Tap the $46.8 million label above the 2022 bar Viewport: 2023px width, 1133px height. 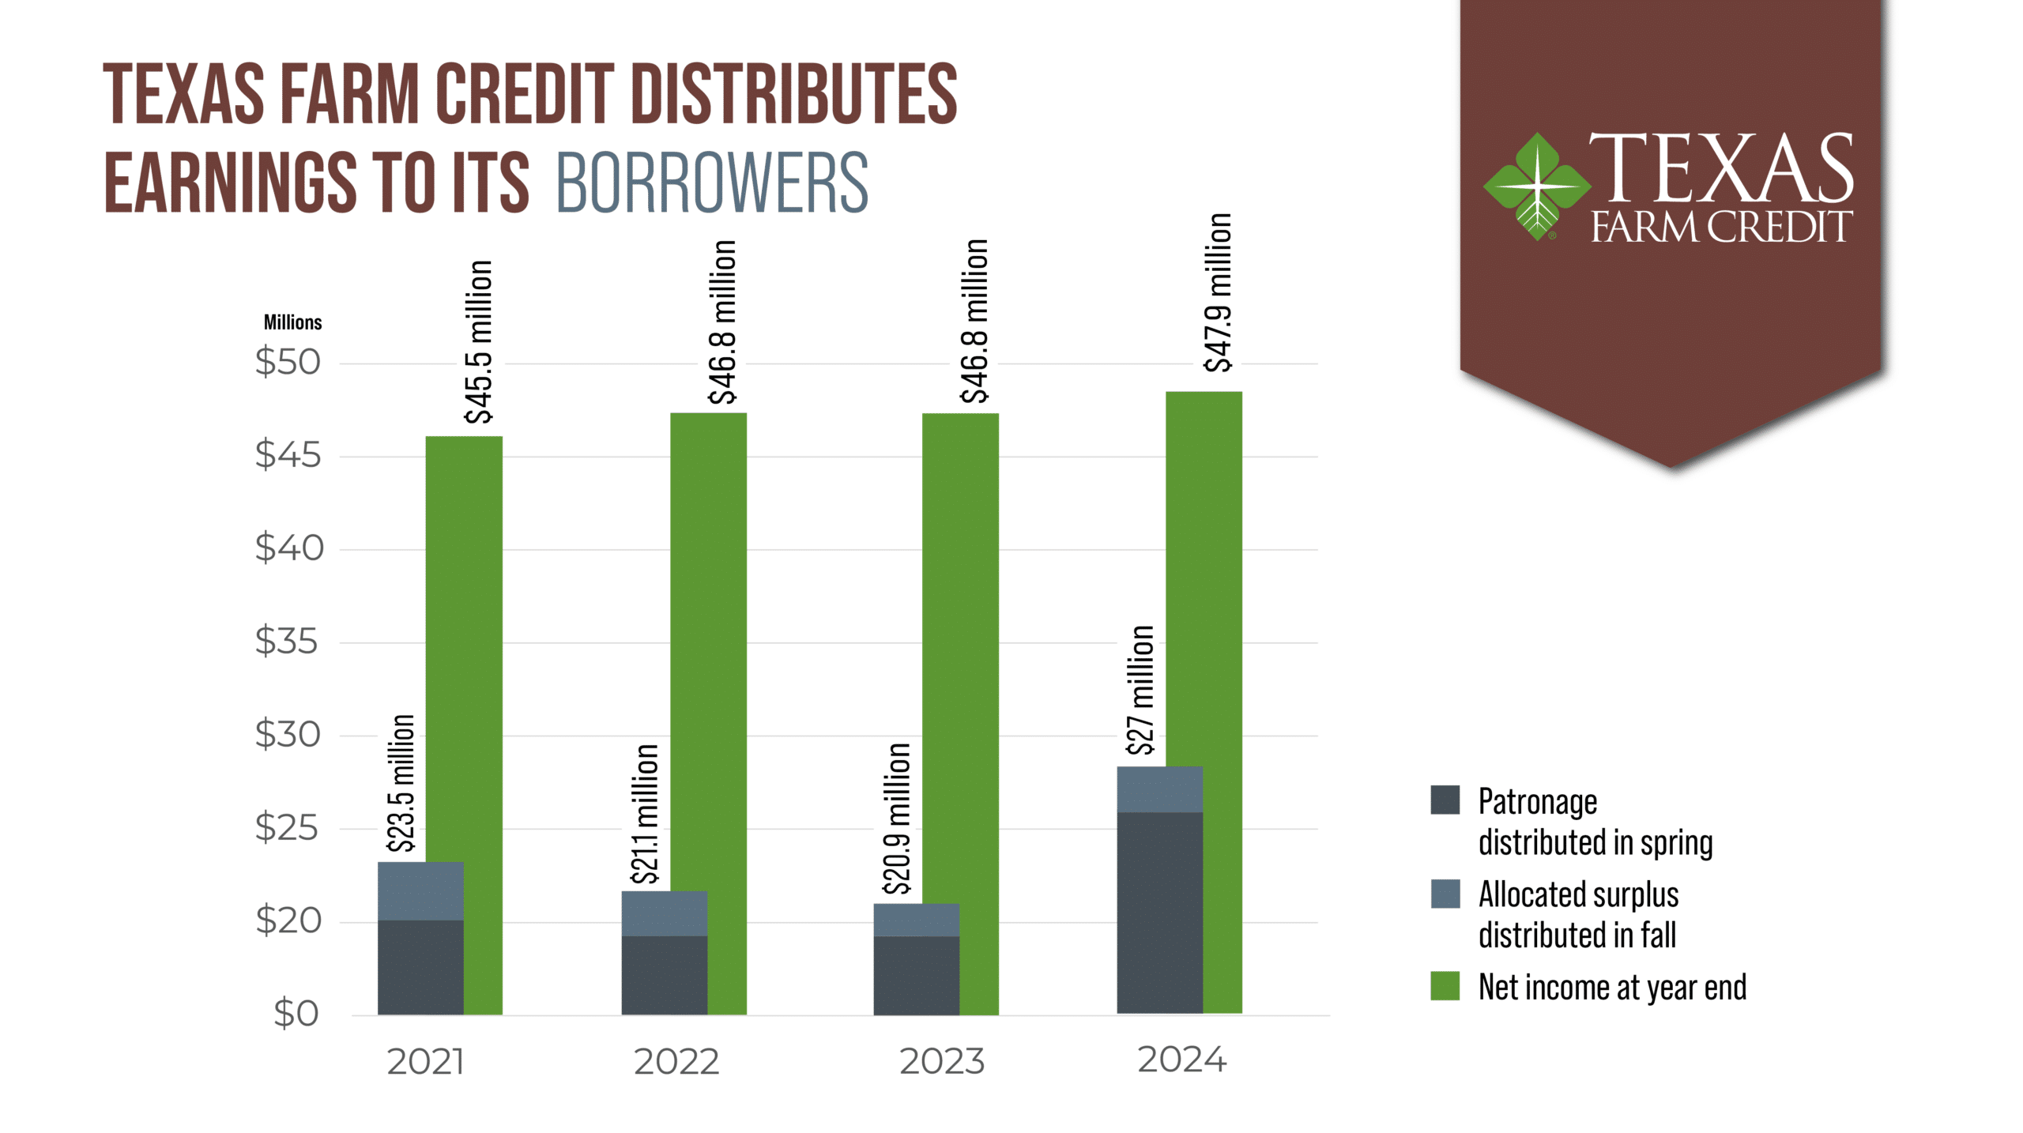[x=722, y=322]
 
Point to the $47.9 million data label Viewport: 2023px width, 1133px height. [x=1218, y=292]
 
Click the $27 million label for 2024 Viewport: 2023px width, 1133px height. [x=1140, y=691]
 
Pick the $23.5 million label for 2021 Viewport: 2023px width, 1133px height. [x=401, y=784]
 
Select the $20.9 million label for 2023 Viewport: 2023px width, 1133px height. [x=897, y=819]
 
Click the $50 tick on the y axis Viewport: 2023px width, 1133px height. [x=288, y=362]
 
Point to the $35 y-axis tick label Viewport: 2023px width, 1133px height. [x=286, y=641]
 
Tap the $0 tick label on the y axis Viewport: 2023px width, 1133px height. [x=296, y=1013]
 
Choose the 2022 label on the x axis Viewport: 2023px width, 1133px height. [x=676, y=1062]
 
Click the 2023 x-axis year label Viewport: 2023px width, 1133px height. [x=942, y=1061]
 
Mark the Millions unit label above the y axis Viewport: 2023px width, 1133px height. [x=292, y=322]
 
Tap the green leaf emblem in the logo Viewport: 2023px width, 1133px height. [x=1537, y=186]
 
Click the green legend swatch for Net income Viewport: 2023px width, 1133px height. [x=1445, y=986]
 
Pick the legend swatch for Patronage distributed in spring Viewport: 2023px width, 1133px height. [x=1445, y=800]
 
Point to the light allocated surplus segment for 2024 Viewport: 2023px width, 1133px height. [x=1160, y=789]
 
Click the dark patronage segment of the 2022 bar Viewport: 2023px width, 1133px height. [x=665, y=976]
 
